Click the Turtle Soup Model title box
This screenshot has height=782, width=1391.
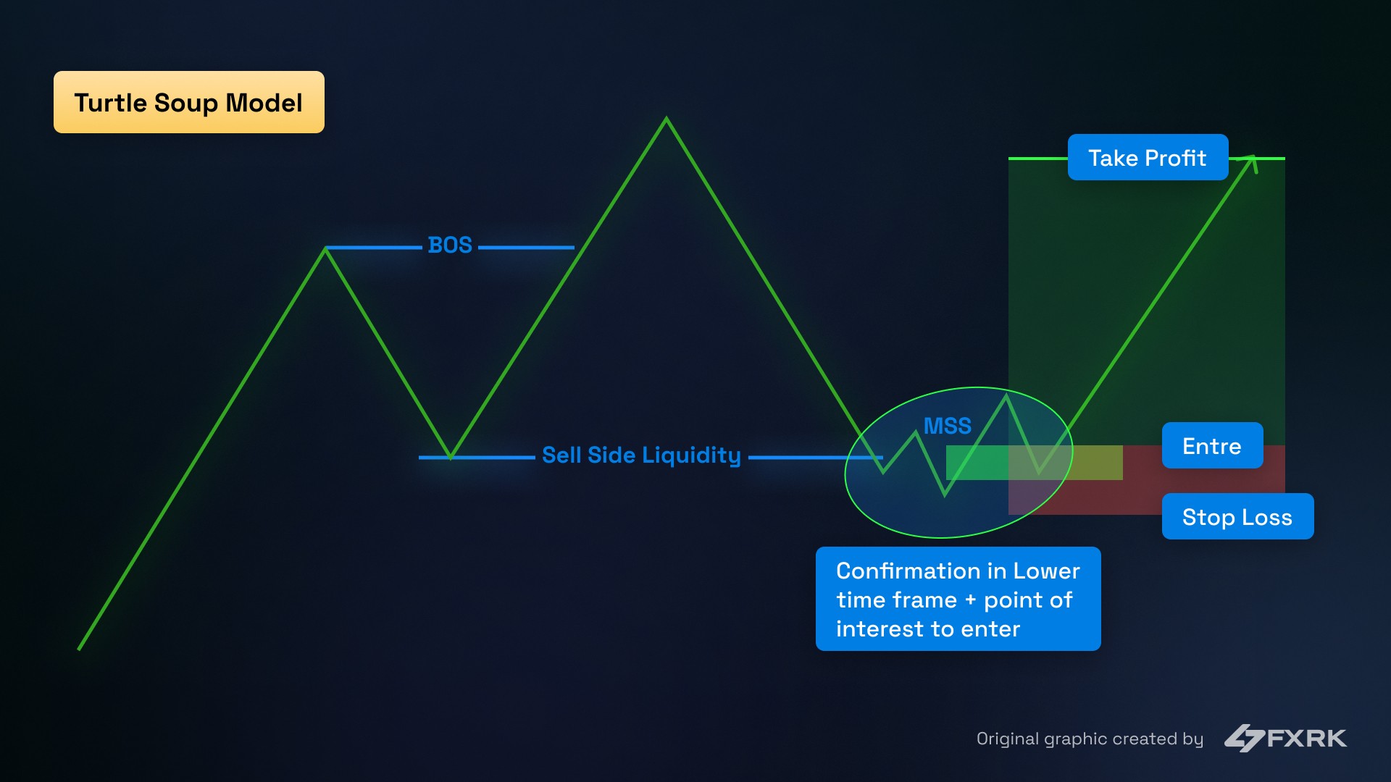click(188, 102)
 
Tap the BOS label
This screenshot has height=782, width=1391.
click(450, 245)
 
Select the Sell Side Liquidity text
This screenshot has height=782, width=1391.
click(641, 455)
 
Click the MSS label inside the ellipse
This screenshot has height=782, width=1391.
click(947, 426)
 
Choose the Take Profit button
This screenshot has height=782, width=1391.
click(1148, 158)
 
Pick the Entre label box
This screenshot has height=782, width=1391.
click(1212, 446)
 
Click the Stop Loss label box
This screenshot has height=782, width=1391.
click(1237, 517)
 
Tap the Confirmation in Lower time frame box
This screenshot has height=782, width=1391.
click(958, 600)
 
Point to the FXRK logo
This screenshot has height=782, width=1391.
click(1285, 738)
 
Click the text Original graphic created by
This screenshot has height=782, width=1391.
click(1090, 739)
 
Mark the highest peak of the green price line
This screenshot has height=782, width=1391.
click(667, 119)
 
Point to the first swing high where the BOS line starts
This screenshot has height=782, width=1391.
click(326, 248)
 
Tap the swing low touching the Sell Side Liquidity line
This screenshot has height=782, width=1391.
click(450, 457)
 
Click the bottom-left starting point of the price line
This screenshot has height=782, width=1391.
click(79, 649)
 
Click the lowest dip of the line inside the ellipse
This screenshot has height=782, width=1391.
click(945, 495)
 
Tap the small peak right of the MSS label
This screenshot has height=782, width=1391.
click(1006, 396)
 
